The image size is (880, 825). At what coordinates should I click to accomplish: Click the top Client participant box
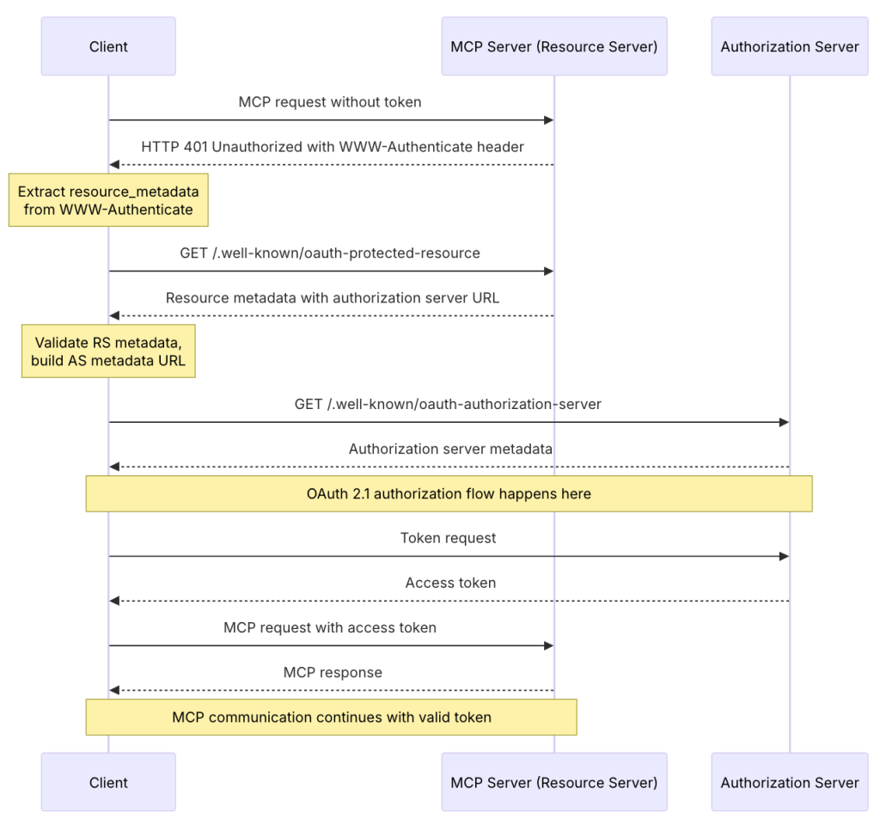tap(108, 46)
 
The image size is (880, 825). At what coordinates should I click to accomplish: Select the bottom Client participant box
tap(108, 782)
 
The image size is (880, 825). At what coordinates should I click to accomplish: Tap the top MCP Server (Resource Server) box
tap(553, 46)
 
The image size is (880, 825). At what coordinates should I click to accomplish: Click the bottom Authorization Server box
tap(789, 782)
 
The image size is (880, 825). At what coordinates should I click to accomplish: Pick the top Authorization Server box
tap(789, 46)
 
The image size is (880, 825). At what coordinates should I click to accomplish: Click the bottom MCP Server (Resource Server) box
tap(553, 782)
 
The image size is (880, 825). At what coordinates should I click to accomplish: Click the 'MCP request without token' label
tap(330, 102)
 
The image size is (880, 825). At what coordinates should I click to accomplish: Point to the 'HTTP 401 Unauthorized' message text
tap(332, 147)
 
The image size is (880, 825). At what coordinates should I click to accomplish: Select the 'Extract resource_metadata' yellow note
tap(108, 201)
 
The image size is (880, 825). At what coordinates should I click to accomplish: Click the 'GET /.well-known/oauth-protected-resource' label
tap(330, 254)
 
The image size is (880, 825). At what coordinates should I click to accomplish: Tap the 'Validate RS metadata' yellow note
tap(108, 351)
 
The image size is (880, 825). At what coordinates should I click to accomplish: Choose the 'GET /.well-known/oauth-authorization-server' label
tap(448, 404)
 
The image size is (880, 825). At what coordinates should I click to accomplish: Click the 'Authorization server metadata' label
tap(449, 449)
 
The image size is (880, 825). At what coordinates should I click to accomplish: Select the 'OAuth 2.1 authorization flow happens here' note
tap(449, 494)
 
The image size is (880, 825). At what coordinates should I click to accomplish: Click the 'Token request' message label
tap(448, 538)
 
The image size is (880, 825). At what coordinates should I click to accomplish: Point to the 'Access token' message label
tap(449, 583)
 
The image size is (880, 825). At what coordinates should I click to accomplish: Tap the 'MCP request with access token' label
tap(330, 627)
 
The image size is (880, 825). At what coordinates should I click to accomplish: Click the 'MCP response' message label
tap(333, 672)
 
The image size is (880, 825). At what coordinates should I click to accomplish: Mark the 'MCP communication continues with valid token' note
tap(331, 717)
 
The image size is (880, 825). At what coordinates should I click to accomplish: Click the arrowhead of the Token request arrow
tap(784, 557)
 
